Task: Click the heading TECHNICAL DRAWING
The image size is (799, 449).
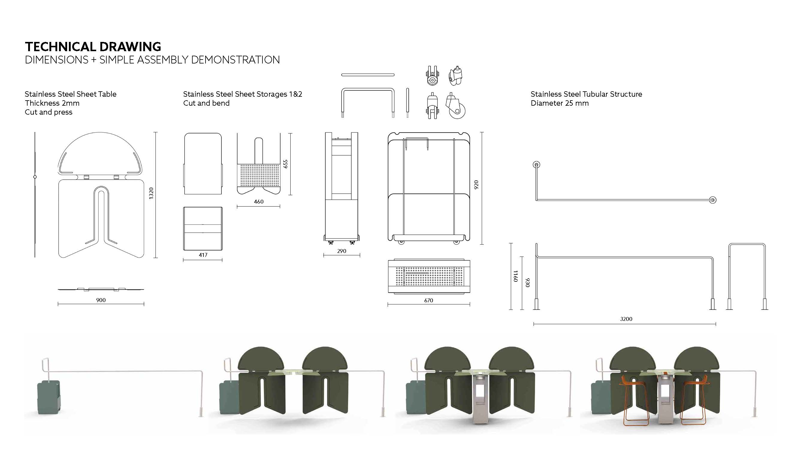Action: click(x=93, y=47)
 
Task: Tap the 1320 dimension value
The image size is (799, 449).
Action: click(x=151, y=193)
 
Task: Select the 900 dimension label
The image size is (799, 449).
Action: click(x=101, y=300)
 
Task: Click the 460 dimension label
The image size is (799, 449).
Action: click(x=259, y=202)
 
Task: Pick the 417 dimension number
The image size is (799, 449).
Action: click(x=203, y=255)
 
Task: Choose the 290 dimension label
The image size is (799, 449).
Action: click(x=342, y=251)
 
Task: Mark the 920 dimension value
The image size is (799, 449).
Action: click(x=476, y=184)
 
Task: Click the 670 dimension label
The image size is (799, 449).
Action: click(x=429, y=300)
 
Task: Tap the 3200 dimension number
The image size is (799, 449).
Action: click(x=626, y=319)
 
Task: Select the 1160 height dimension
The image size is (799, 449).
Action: click(x=515, y=276)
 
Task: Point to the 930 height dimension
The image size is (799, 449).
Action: click(x=527, y=283)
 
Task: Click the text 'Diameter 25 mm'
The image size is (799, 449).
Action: click(x=560, y=103)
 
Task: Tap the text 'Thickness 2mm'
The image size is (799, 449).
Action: click(x=52, y=103)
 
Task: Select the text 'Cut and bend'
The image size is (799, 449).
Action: click(x=206, y=103)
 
